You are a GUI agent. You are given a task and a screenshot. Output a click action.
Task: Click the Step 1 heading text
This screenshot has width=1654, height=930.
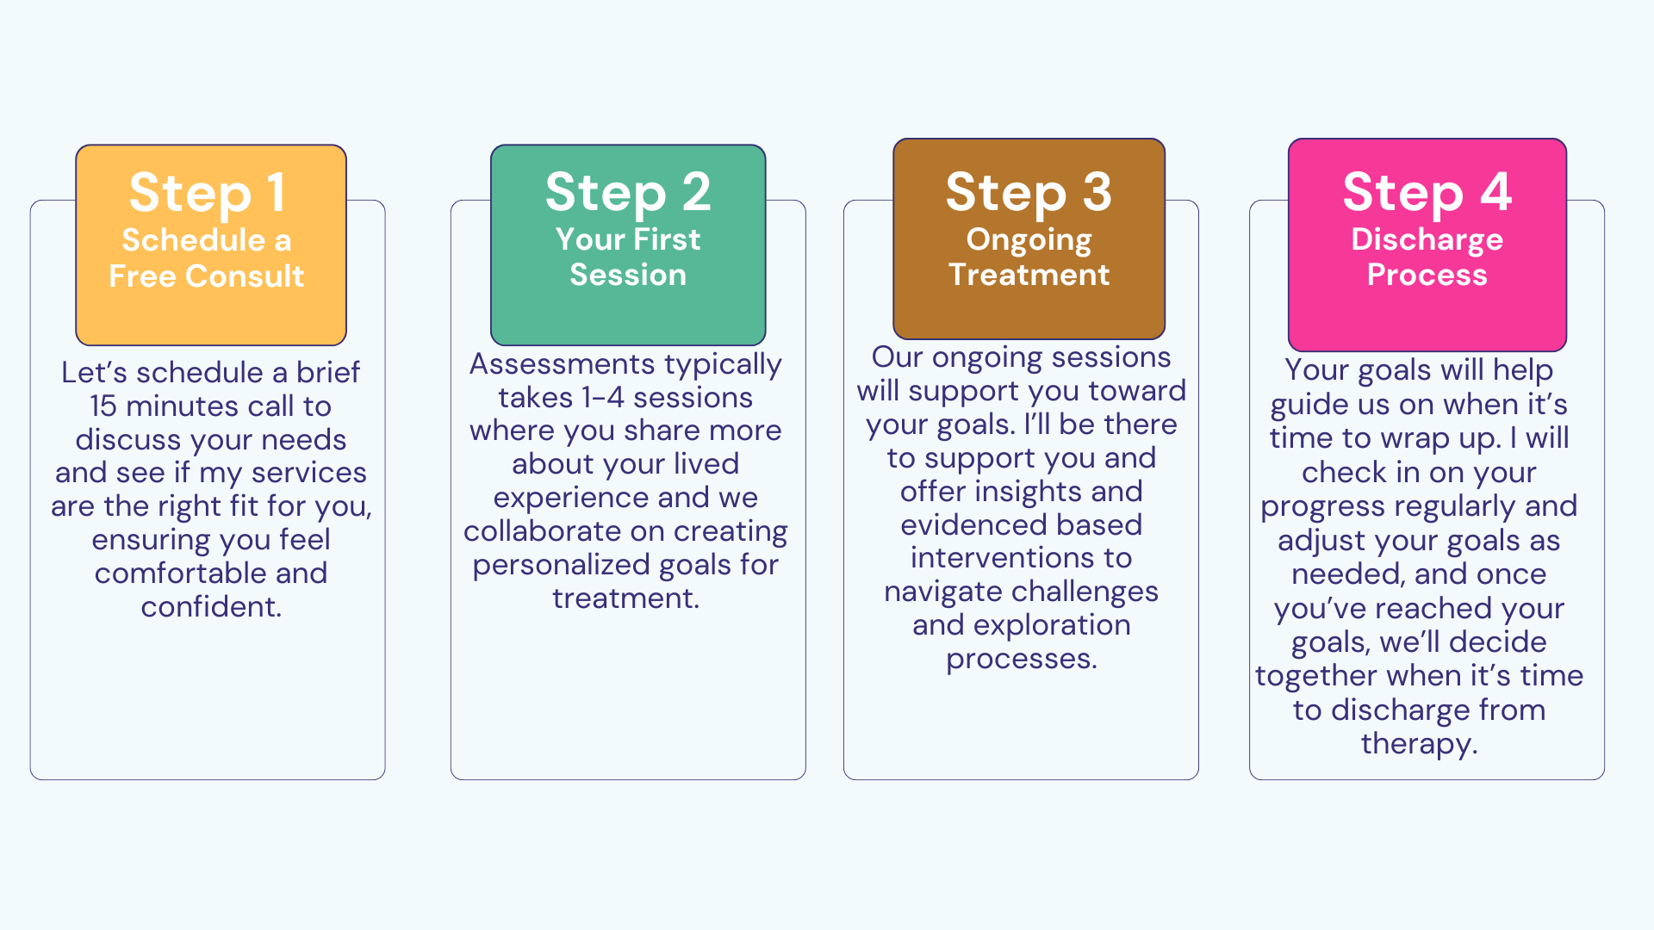point(207,193)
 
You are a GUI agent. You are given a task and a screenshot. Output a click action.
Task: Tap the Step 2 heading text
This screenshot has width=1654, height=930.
point(628,193)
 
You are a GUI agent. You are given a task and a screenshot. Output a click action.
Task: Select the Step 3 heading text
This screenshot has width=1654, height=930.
point(1029,193)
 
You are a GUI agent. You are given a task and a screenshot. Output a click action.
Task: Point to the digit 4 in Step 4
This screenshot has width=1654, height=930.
point(1496,191)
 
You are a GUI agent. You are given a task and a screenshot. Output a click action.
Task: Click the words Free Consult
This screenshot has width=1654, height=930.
point(207,276)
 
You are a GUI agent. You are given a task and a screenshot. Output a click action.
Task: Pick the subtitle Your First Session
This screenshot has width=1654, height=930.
point(628,257)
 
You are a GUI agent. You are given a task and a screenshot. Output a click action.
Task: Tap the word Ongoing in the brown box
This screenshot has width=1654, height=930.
point(1029,240)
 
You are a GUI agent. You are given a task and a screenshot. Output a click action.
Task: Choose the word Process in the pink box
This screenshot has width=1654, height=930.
point(1427,275)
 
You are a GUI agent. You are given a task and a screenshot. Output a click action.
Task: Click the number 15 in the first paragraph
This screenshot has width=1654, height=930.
point(103,406)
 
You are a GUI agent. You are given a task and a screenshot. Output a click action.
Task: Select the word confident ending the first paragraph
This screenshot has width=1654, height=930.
point(211,607)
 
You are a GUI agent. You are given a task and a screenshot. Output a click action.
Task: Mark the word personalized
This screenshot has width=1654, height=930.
point(561,565)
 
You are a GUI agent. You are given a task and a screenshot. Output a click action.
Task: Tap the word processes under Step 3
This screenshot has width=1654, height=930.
point(1022,660)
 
